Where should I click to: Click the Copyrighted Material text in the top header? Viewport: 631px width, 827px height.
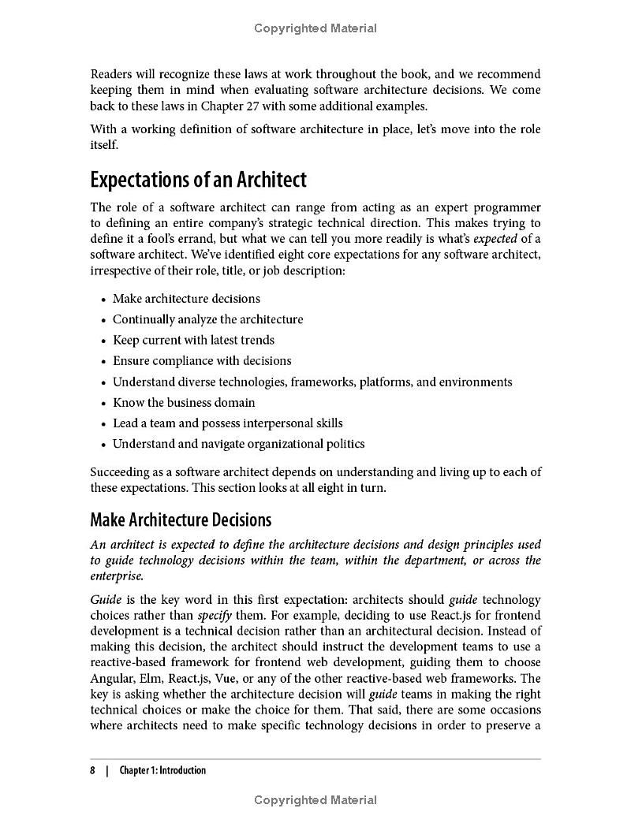(315, 28)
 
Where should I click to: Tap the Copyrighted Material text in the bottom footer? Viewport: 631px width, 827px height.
(315, 800)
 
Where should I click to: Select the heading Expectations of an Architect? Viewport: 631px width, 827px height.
(198, 180)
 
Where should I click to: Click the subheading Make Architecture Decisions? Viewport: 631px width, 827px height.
(181, 520)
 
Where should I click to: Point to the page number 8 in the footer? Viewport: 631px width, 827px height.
(93, 770)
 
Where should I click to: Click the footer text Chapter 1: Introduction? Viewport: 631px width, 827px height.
(162, 770)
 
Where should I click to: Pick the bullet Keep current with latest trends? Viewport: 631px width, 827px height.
(193, 340)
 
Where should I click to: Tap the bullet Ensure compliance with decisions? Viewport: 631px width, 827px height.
(202, 360)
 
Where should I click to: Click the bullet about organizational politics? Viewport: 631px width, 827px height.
(238, 444)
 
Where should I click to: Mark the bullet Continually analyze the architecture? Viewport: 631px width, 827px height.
(207, 319)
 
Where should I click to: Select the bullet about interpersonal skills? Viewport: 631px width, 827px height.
(227, 423)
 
